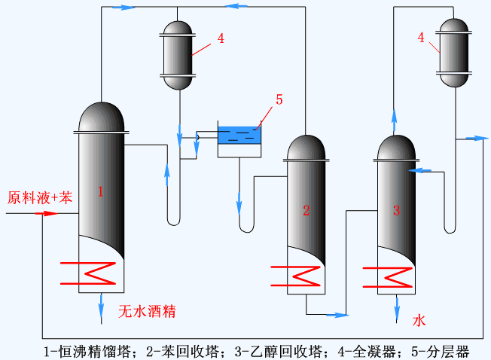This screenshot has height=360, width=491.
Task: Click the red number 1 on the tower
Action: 99,192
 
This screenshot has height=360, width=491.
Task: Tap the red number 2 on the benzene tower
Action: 306,210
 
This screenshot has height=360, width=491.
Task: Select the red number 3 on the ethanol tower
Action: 396,210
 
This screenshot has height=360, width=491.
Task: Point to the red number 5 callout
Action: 279,99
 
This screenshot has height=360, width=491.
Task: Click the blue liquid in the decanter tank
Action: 239,137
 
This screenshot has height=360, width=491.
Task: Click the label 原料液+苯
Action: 40,199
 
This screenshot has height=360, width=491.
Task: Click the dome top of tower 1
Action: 101,117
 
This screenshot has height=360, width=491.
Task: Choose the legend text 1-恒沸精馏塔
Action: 89,352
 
